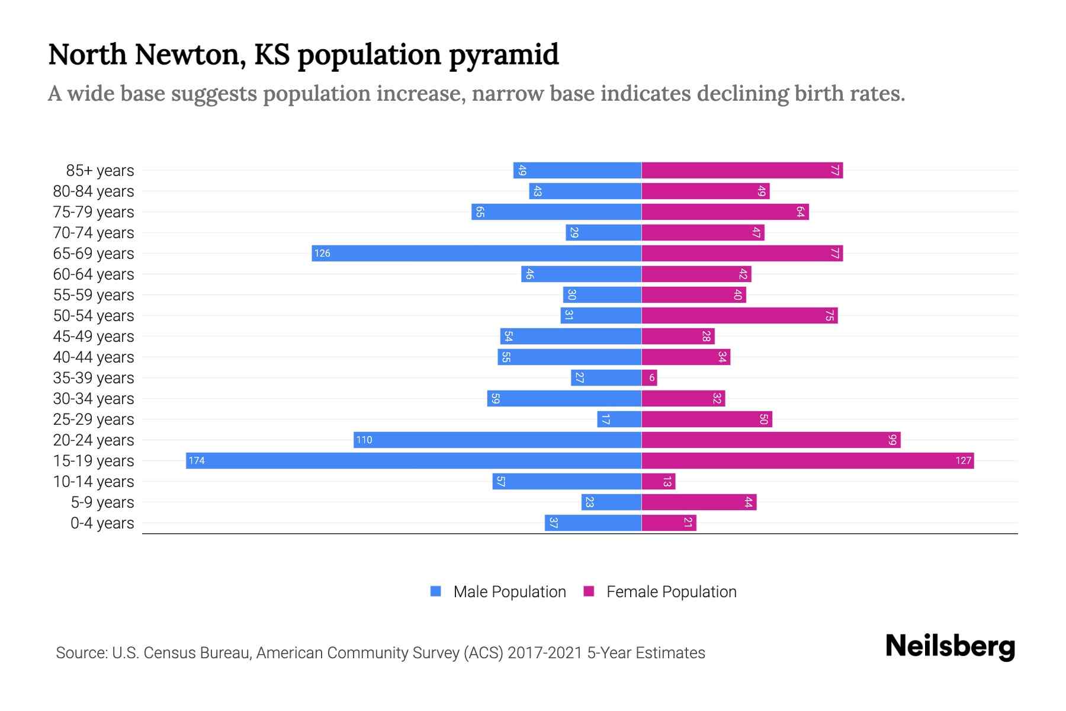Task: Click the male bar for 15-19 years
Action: coord(413,461)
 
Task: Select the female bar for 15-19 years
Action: coord(808,461)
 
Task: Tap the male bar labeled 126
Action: coord(477,254)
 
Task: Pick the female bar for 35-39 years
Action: coord(649,378)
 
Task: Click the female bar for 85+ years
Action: coord(742,171)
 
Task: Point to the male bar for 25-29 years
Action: coord(619,419)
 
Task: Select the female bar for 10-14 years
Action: coord(659,482)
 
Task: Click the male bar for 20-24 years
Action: coord(497,440)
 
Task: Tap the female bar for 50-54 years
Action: coord(740,316)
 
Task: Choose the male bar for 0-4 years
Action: coord(593,523)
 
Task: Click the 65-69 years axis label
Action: coord(94,254)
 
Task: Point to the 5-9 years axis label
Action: coord(102,502)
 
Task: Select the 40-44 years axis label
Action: coord(94,357)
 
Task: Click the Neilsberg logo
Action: coord(950,646)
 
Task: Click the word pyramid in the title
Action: coord(503,55)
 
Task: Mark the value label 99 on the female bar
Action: coord(892,440)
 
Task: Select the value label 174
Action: coord(197,461)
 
